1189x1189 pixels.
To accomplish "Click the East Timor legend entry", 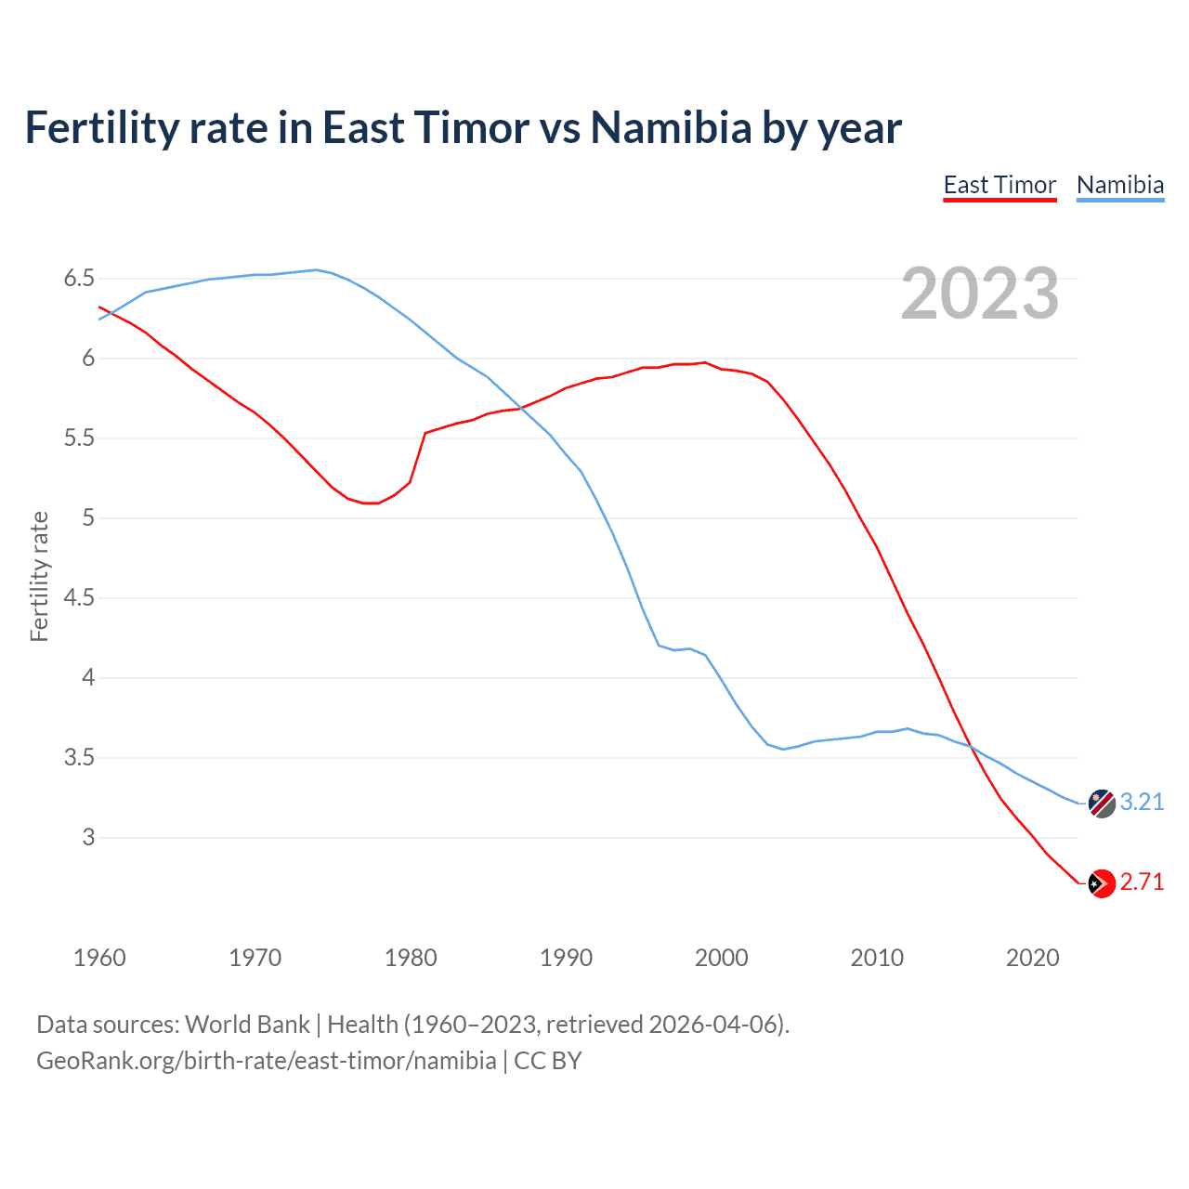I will (1000, 185).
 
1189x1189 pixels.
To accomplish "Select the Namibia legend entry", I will (1119, 185).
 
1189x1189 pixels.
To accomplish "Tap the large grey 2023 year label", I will (980, 294).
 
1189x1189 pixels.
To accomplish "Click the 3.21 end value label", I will (1142, 802).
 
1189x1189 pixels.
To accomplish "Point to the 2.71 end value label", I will (1142, 882).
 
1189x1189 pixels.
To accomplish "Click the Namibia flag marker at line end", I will (1102, 804).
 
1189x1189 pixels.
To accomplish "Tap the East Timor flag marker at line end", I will (1102, 883).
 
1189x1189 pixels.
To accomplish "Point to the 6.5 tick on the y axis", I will (79, 279).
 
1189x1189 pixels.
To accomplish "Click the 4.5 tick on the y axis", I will (79, 598).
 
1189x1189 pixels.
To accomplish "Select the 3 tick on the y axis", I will (88, 837).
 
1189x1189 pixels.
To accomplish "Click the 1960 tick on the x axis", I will (99, 958).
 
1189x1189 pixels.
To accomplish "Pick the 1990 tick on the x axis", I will (566, 958).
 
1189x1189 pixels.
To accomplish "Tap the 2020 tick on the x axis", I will (1032, 958).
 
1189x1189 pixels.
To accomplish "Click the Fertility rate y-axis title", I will (39, 576).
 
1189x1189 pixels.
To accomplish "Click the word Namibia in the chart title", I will (671, 128).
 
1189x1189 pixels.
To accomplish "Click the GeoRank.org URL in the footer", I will (266, 1061).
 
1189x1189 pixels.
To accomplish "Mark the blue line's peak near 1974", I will (316, 269).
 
